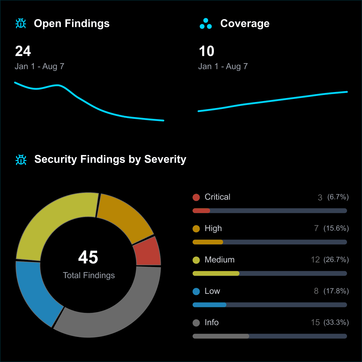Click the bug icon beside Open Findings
coord(21,24)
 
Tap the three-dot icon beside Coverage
coord(206,24)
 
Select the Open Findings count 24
coord(23,51)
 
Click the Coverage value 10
coord(207,51)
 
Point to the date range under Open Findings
coord(40,66)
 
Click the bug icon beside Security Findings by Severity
coord(21,160)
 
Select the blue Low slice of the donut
coord(36,293)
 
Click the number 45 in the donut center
coord(88,257)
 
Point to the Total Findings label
coord(89,275)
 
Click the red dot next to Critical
coord(196,197)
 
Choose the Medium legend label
coord(219,260)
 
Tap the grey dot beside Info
coord(196,323)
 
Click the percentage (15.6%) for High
coord(336,228)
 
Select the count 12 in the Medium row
coord(315,260)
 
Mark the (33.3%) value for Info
coord(336,322)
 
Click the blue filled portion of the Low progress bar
coord(209,305)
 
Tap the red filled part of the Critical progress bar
coord(201,211)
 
